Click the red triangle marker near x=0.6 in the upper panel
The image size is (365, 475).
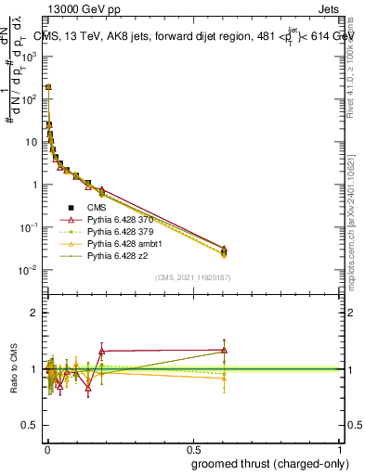click(224, 249)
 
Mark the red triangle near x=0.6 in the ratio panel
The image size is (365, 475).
click(224, 350)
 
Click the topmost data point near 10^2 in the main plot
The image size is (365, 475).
click(48, 86)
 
